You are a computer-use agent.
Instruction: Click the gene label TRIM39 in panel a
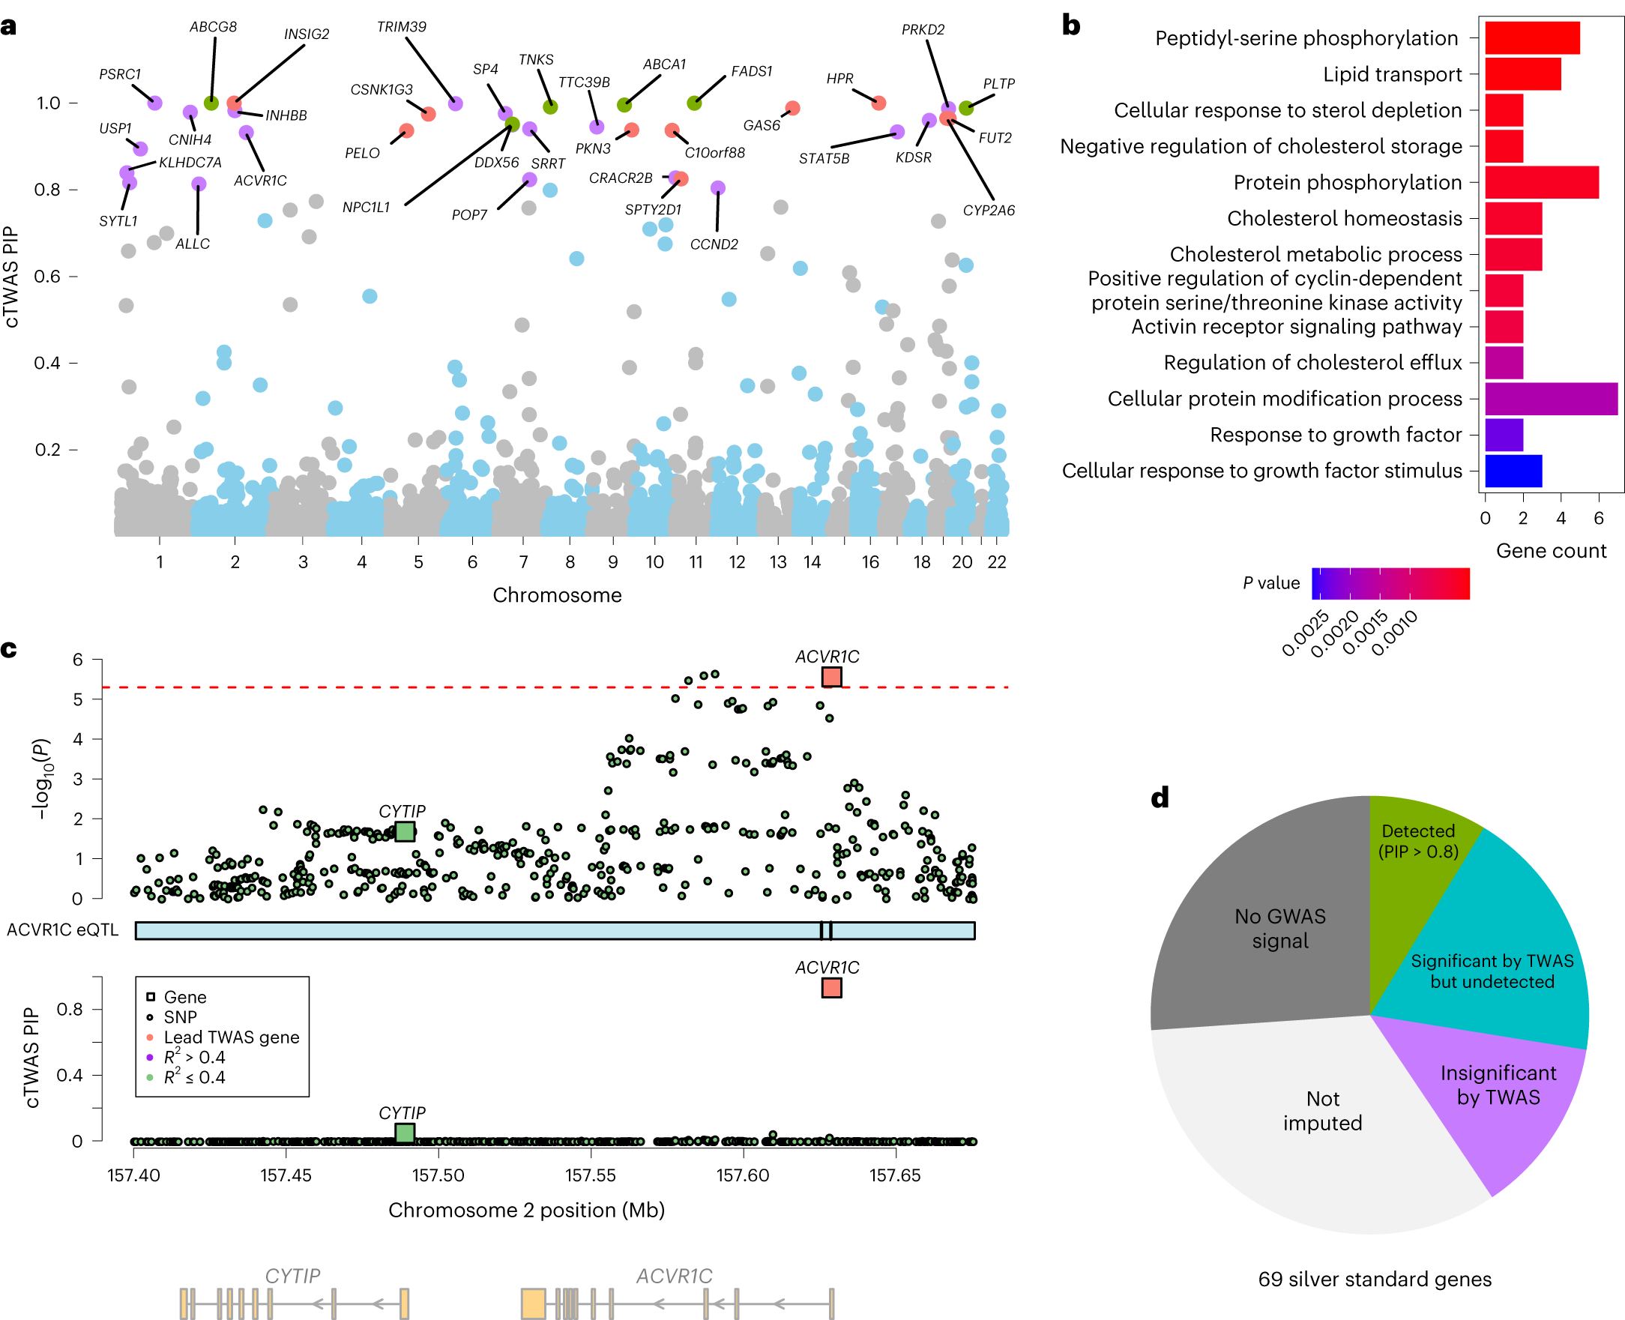point(402,28)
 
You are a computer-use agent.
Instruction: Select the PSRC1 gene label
point(120,74)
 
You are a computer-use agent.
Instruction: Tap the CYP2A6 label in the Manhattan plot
point(989,211)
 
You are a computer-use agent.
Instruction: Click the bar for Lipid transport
point(1522,74)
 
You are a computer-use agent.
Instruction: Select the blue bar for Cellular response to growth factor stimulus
point(1513,471)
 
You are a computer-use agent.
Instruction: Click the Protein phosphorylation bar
point(1540,182)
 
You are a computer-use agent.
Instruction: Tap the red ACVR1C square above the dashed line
point(831,677)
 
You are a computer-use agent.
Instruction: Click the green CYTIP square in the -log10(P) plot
point(405,831)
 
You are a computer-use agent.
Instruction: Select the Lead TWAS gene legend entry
point(231,1037)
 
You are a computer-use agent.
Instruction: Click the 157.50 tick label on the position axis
point(438,1175)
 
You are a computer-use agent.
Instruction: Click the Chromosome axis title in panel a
point(557,595)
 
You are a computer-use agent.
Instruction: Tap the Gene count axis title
point(1551,550)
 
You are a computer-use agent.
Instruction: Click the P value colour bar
point(1390,584)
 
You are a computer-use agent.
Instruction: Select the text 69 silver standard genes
point(1374,1279)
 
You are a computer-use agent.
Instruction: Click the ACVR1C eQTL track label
point(63,930)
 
